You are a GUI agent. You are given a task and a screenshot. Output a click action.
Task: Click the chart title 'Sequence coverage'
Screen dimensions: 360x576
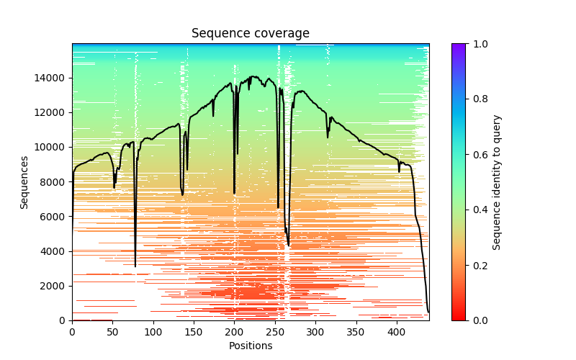click(250, 33)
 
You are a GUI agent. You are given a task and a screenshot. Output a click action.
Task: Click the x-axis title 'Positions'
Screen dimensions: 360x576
click(250, 346)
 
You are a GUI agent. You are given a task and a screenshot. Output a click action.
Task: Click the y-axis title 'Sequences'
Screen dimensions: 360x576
click(24, 182)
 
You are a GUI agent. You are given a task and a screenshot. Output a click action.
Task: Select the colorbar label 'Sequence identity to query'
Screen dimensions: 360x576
click(497, 182)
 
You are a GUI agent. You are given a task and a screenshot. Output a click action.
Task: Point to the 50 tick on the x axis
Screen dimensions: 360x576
click(112, 320)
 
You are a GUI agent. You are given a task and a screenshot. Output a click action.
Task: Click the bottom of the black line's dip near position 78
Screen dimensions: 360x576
click(135, 266)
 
